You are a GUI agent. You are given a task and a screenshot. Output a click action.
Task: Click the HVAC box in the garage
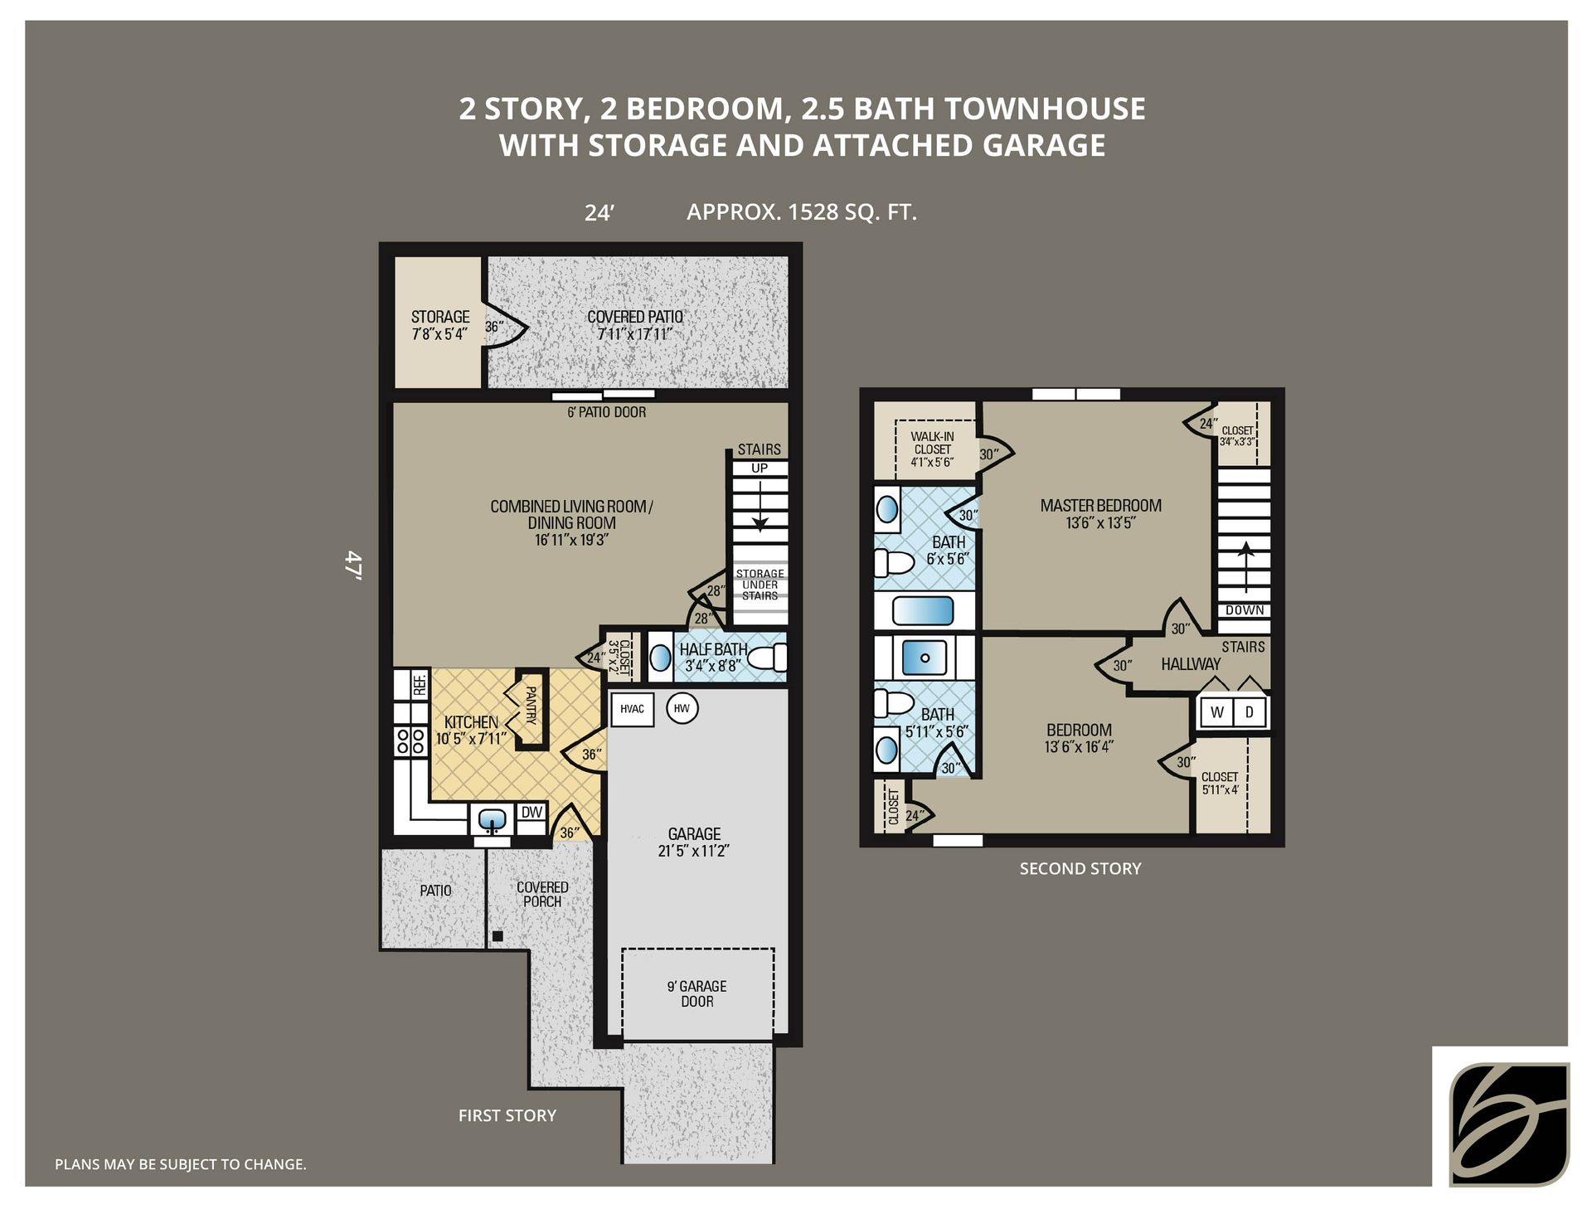(632, 709)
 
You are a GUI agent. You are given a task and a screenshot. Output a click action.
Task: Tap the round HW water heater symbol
(682, 708)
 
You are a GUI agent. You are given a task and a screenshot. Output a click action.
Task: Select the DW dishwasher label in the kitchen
(531, 812)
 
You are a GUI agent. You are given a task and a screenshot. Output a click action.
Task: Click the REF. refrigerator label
(420, 684)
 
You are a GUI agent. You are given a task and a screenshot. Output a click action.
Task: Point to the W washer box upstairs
(1216, 712)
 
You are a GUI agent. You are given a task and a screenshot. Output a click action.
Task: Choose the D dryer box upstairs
(1250, 712)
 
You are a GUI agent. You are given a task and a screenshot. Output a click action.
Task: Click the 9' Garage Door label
(696, 993)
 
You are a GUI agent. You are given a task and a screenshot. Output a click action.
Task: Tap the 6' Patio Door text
(606, 412)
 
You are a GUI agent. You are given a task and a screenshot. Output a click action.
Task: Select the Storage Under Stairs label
(760, 585)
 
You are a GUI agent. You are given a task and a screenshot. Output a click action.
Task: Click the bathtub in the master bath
(923, 611)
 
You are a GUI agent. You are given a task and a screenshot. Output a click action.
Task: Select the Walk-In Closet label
(932, 449)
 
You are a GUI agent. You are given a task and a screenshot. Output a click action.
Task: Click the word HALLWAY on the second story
(1191, 664)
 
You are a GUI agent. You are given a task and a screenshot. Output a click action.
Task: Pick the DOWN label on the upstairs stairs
(1245, 610)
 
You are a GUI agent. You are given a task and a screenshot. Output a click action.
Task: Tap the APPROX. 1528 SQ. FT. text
(801, 212)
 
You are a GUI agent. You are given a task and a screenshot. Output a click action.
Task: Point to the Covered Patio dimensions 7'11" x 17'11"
(634, 334)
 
